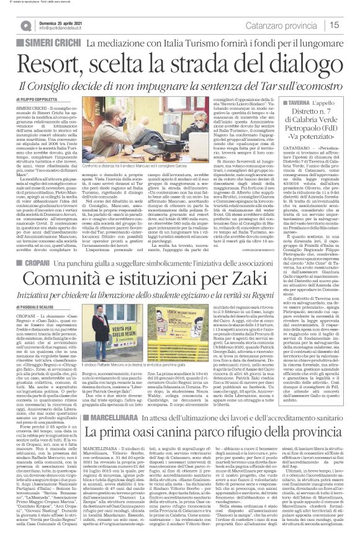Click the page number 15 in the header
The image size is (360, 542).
tap(349, 25)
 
